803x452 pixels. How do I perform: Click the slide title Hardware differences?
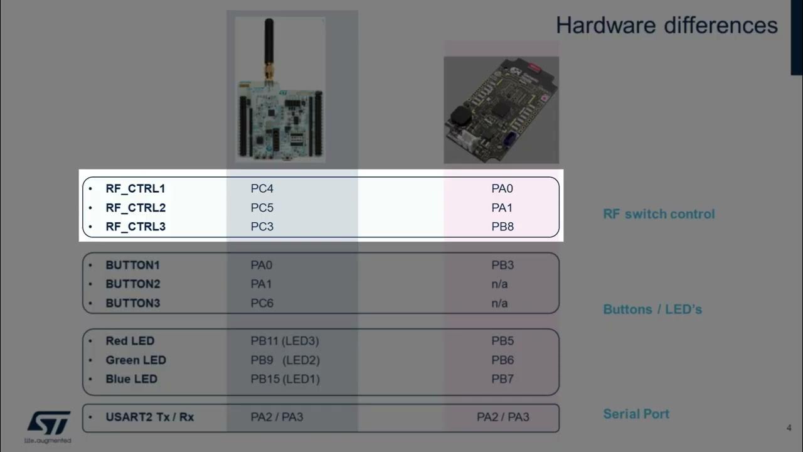666,26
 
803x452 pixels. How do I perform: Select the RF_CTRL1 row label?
135,188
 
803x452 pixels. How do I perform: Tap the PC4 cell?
262,188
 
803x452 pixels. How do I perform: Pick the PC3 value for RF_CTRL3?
262,227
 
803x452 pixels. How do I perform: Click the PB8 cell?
503,227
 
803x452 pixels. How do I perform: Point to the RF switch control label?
659,214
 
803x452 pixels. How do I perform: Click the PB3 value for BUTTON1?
503,265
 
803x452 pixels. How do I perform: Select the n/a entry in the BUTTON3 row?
499,303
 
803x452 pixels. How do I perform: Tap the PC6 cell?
262,303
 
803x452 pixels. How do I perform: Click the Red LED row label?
129,341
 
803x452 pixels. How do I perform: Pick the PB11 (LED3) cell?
285,341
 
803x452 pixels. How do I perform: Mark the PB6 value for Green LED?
503,360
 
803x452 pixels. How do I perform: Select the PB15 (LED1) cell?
285,379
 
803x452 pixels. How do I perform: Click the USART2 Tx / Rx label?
149,417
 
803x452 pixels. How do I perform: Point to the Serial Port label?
636,414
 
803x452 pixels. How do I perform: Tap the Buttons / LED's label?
652,309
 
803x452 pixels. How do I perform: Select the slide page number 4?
789,428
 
